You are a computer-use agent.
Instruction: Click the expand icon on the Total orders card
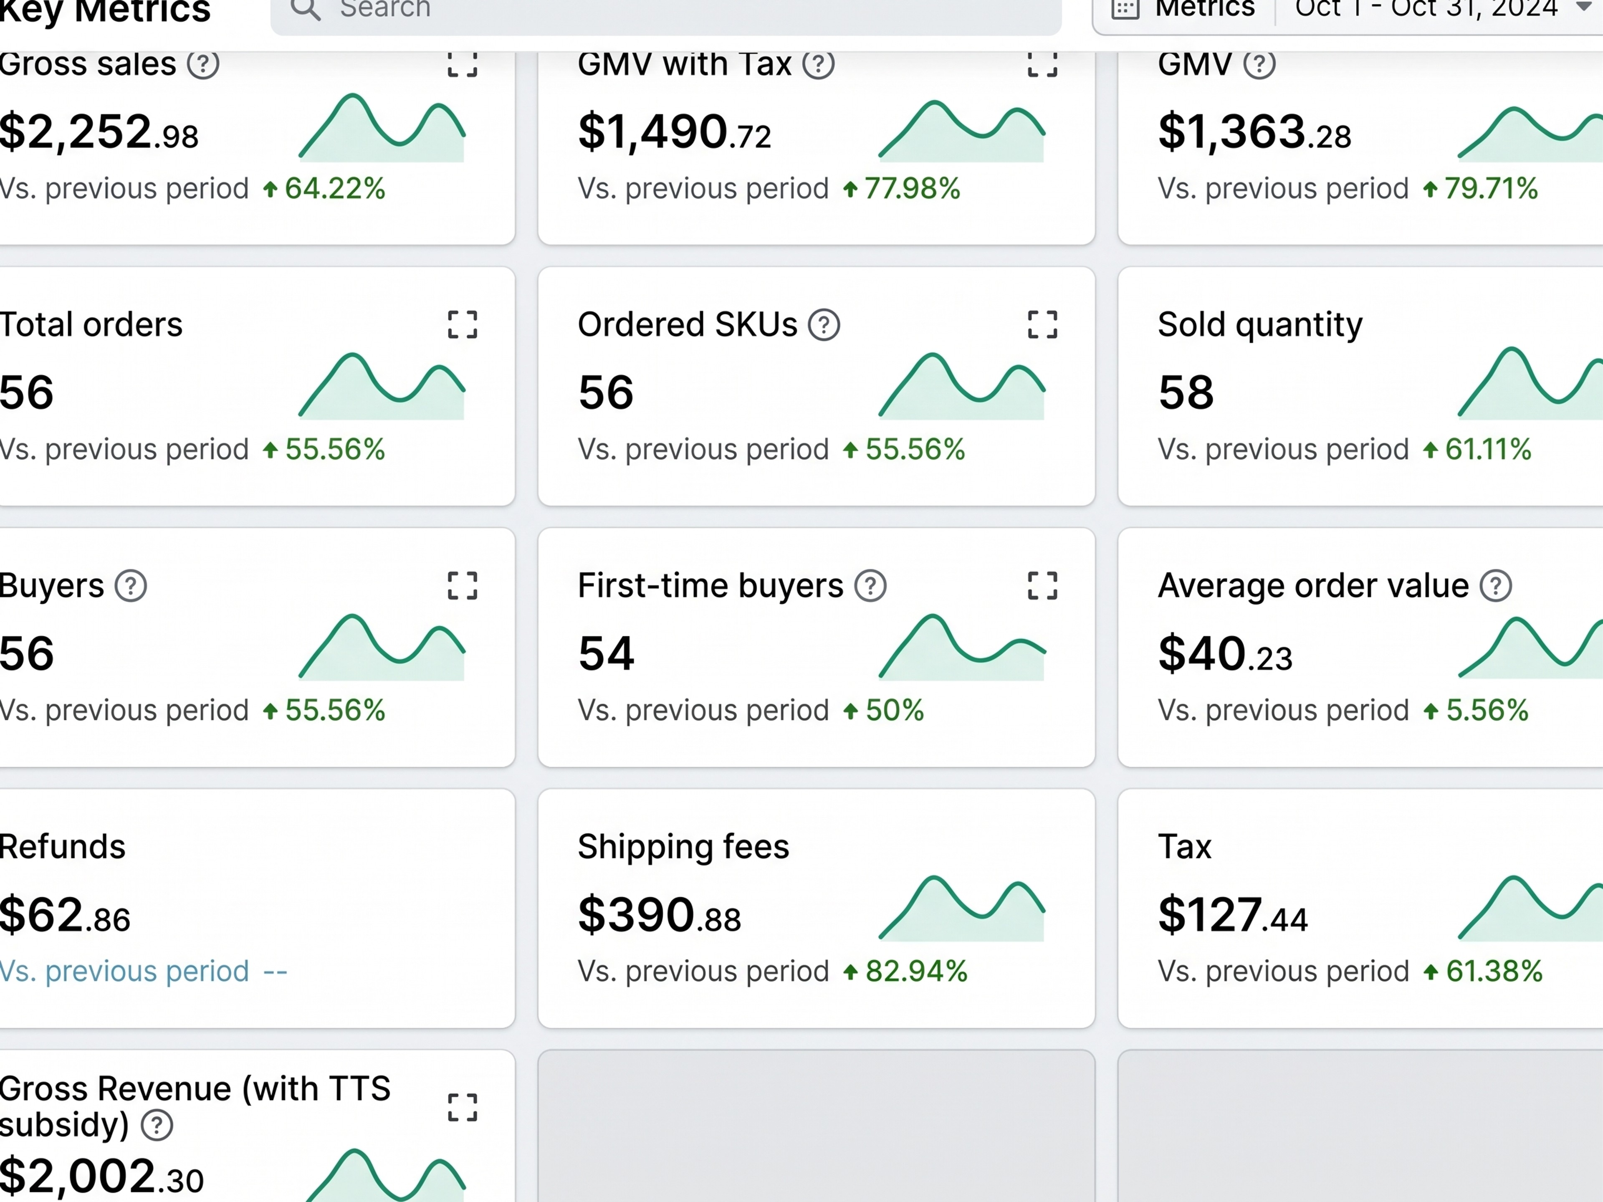463,325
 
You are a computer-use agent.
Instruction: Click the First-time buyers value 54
606,653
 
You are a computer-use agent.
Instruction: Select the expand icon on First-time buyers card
1042,586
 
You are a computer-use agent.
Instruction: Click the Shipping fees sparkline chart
962,908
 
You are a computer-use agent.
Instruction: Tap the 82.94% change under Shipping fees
916,972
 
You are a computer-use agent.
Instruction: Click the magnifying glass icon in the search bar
305,10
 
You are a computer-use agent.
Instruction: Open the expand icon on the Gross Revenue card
463,1107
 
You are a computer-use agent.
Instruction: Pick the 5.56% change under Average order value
1487,711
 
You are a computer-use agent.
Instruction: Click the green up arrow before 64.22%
271,189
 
